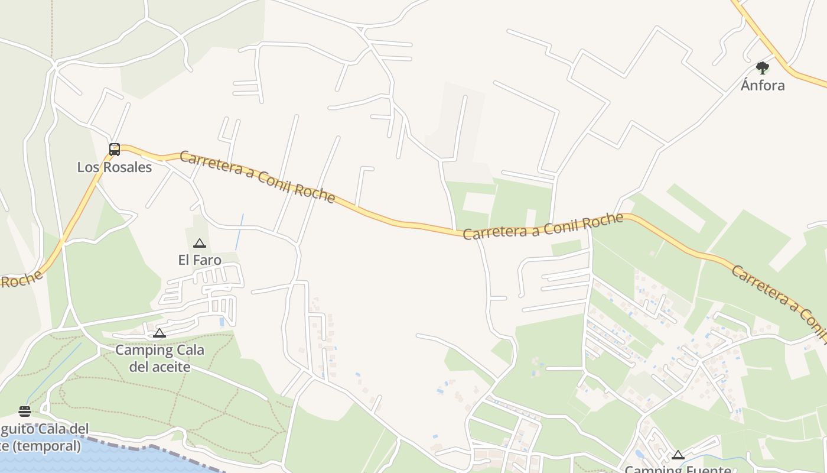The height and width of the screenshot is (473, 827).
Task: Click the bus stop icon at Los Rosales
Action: coord(115,150)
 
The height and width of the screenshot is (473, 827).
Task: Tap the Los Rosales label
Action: coord(115,167)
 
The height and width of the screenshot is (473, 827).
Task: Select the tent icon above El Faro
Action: coord(200,243)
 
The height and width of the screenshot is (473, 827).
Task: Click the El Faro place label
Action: coord(200,260)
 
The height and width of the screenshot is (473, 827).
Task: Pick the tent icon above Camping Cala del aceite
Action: coord(159,333)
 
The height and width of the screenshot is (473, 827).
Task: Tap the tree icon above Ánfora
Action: coord(763,68)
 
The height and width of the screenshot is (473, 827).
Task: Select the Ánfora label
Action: coord(763,86)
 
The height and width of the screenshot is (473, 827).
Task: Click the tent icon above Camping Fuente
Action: coord(678,455)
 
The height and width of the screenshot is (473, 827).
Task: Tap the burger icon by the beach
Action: coord(25,411)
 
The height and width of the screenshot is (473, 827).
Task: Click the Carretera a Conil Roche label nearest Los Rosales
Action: coord(257,176)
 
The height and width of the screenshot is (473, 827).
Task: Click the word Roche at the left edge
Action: coord(21,280)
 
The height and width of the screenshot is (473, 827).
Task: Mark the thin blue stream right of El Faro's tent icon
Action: coord(239,232)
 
